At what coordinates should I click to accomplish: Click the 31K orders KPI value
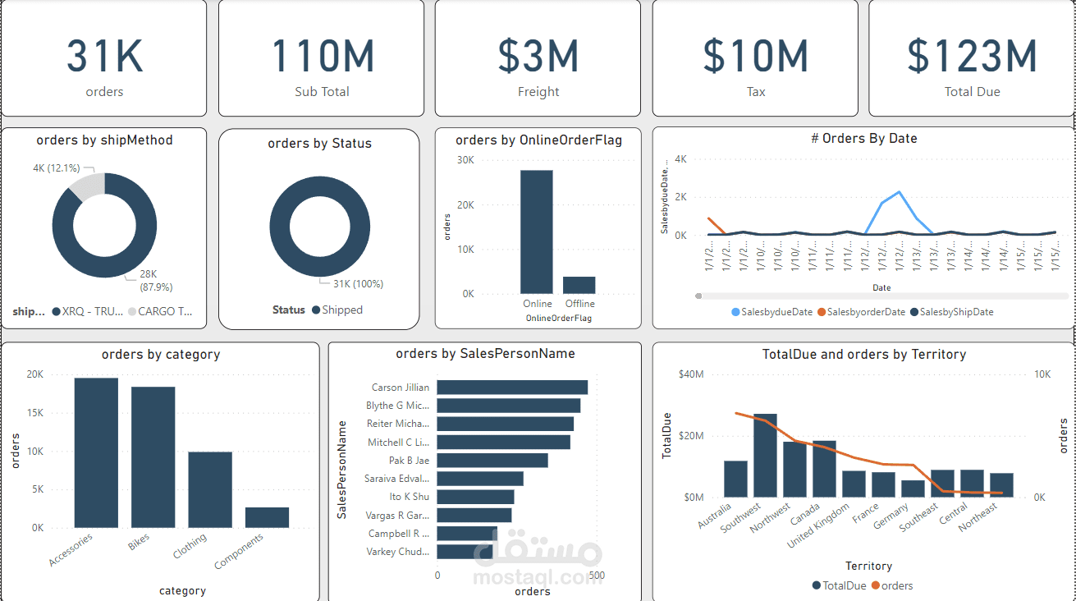coord(104,56)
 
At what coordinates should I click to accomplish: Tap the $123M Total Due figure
coord(972,56)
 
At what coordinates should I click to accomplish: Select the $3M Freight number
coord(538,56)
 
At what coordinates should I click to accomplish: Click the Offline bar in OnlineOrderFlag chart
coord(579,285)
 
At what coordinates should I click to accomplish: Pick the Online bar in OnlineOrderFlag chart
coord(537,232)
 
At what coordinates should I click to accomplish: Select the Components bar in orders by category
coord(267,517)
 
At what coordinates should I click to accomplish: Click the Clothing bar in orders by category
coord(210,489)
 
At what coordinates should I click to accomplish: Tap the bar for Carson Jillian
coord(512,388)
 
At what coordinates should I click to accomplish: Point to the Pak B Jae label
coord(409,461)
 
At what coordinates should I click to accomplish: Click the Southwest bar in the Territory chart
coord(765,456)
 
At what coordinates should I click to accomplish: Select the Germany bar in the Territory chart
coord(913,489)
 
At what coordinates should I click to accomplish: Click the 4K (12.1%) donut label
coord(56,167)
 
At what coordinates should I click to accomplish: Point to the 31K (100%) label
coord(357,284)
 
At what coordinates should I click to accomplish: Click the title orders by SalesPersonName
coord(485,354)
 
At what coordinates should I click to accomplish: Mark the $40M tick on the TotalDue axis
coord(691,374)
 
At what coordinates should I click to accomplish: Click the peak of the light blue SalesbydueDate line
coord(900,191)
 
